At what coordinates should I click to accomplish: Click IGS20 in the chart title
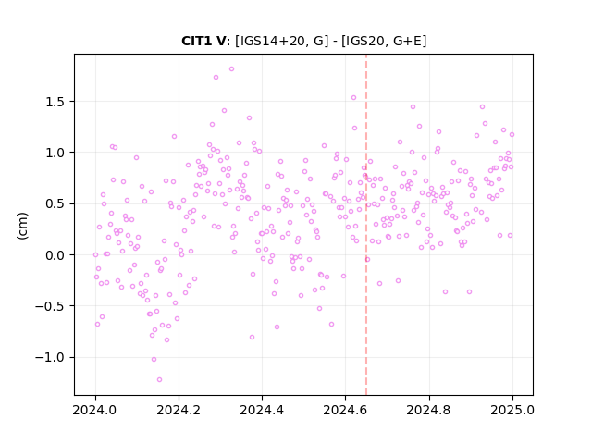tap(363, 41)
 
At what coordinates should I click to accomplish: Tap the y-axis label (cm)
tap(22, 226)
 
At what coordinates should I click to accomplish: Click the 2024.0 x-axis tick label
tap(95, 410)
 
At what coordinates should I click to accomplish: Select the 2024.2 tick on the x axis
tap(179, 410)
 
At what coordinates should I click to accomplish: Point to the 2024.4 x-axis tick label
tap(262, 410)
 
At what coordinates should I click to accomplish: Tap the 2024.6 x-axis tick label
tap(345, 410)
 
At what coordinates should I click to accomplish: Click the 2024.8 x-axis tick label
tap(429, 410)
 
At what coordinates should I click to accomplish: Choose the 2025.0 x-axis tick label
tap(512, 410)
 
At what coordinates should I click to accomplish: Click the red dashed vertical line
tap(366, 225)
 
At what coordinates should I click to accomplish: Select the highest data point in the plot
tap(232, 69)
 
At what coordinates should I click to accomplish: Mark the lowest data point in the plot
tap(159, 379)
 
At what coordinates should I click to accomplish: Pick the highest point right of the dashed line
tap(482, 107)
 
